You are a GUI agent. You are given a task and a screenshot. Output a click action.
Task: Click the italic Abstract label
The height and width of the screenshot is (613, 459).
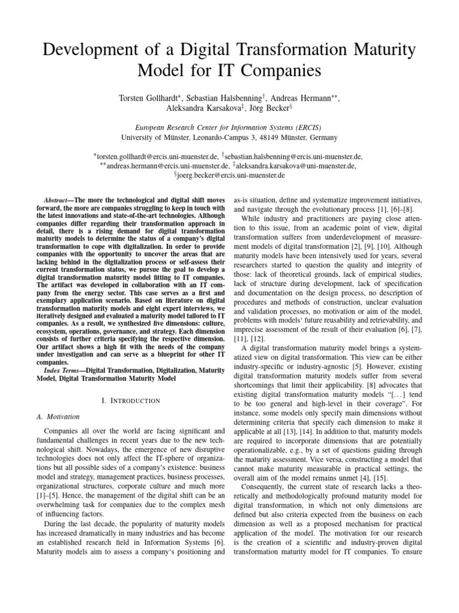(58, 199)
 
